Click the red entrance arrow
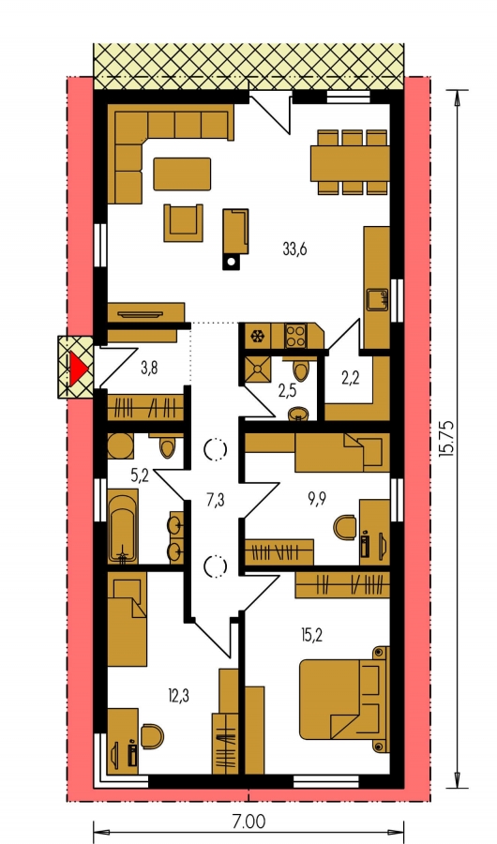coord(78,369)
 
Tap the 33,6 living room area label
coord(294,249)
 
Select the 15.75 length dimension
coord(445,439)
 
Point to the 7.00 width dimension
coord(248,821)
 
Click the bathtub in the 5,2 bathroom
coord(122,525)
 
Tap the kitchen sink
coord(378,299)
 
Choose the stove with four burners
coord(295,335)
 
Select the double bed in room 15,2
coord(344,699)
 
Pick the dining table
coord(349,163)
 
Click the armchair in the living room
coord(184,222)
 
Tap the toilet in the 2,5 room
coord(301,369)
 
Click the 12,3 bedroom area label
coord(179,696)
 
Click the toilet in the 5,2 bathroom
coord(168,446)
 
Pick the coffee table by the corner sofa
coord(182,173)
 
